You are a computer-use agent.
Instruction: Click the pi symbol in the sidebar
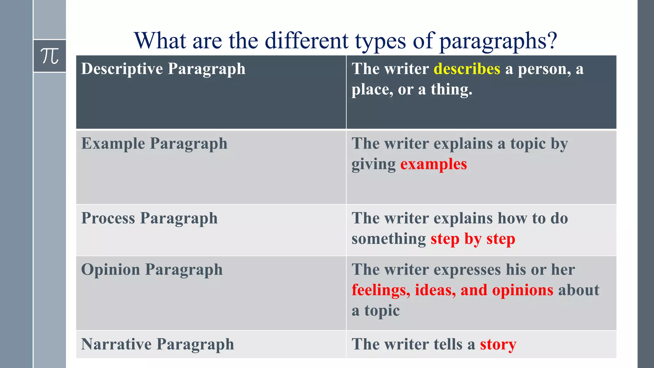[x=50, y=56]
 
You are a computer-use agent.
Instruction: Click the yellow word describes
[x=467, y=69]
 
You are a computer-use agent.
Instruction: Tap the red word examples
[x=434, y=165]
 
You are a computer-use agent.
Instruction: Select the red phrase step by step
[x=473, y=239]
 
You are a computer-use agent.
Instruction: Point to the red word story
[x=498, y=345]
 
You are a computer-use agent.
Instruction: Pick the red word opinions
[x=522, y=290]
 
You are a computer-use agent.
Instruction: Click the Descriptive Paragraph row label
[x=163, y=69]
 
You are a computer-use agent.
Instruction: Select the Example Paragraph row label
[x=154, y=144]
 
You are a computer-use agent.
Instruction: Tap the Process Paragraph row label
[x=149, y=218]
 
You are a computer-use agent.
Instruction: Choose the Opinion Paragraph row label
[x=152, y=270]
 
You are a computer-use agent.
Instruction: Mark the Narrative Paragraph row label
[x=157, y=345]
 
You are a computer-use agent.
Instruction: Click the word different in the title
[x=307, y=41]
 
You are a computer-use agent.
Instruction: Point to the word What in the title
[x=160, y=41]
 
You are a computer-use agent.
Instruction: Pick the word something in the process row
[x=389, y=239]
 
